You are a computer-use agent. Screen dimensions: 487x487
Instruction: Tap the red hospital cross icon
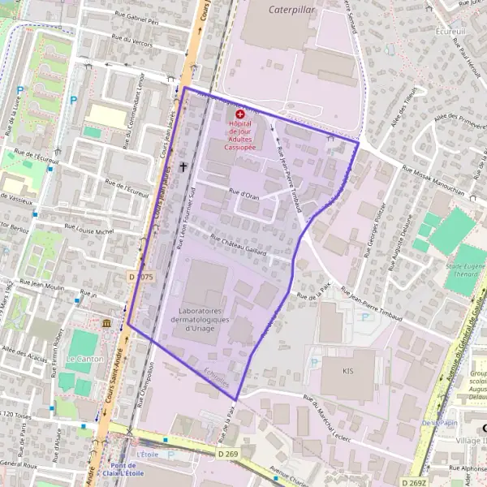[240, 116]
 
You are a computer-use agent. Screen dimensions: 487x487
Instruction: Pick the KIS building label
[350, 371]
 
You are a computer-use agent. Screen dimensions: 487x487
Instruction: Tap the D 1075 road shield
[140, 277]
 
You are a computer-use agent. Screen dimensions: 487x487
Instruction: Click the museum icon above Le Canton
[106, 324]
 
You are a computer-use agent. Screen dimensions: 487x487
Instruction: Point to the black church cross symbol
[183, 167]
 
